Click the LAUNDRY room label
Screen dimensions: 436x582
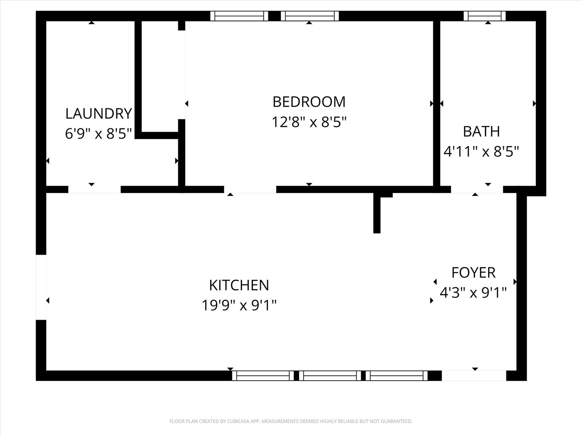coord(99,113)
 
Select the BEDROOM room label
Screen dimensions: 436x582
coord(309,101)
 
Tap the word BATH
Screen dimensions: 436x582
coord(481,132)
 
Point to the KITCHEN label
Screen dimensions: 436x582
coord(239,285)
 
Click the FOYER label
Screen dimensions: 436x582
coord(473,272)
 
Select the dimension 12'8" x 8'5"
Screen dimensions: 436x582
coord(309,122)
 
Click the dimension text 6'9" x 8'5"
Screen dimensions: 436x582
coord(99,134)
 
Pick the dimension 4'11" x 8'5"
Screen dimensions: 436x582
coord(481,152)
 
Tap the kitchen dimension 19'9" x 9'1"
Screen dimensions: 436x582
coord(239,305)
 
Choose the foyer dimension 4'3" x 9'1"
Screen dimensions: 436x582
coord(473,292)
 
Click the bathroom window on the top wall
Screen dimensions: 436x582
coord(484,16)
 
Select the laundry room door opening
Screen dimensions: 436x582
coord(94,189)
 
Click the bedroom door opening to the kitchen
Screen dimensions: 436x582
coord(250,189)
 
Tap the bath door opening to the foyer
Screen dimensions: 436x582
coord(477,189)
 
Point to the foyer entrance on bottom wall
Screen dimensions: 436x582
coord(474,376)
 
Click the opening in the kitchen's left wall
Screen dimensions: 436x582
coord(41,287)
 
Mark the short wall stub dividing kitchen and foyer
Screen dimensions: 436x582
coord(377,214)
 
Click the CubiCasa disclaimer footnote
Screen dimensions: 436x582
coord(291,421)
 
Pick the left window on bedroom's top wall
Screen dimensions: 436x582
coord(239,16)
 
